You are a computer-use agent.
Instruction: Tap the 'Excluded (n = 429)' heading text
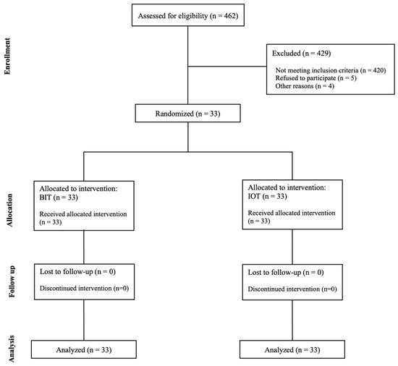click(x=301, y=54)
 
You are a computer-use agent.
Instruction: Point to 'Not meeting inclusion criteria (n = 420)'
click(x=331, y=70)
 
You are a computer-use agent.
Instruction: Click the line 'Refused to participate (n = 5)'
click(x=316, y=78)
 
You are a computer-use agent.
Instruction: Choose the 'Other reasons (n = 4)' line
click(x=305, y=86)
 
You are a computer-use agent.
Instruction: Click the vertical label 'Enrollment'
click(x=7, y=56)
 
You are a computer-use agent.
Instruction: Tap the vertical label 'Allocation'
click(x=9, y=210)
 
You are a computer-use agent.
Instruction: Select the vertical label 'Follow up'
click(x=12, y=281)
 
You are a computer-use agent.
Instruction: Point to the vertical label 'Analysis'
click(x=12, y=349)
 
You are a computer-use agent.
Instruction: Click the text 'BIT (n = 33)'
click(x=59, y=197)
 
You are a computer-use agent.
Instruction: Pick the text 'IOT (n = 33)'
click(x=267, y=196)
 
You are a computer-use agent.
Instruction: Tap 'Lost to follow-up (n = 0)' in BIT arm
click(x=77, y=272)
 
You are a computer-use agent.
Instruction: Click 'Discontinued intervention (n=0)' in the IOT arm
click(x=292, y=289)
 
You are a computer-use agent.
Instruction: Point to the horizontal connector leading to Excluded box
click(x=227, y=67)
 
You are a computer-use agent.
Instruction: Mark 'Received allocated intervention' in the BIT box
click(x=83, y=214)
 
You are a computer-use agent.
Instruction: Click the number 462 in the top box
click(x=230, y=16)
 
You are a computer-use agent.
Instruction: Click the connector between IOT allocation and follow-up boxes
click(x=292, y=247)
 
